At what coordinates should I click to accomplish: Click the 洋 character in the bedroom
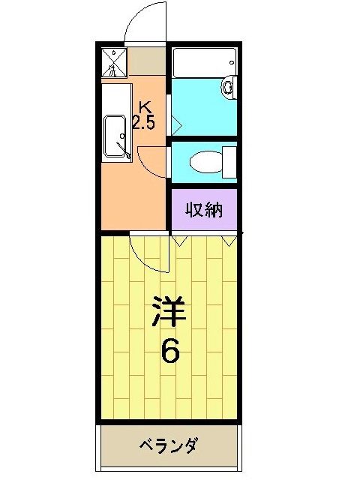pyautogui.click(x=169, y=313)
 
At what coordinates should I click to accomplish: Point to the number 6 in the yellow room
pyautogui.click(x=170, y=349)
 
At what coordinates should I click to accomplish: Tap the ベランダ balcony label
pyautogui.click(x=169, y=446)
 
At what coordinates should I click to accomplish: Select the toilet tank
pyautogui.click(x=229, y=161)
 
